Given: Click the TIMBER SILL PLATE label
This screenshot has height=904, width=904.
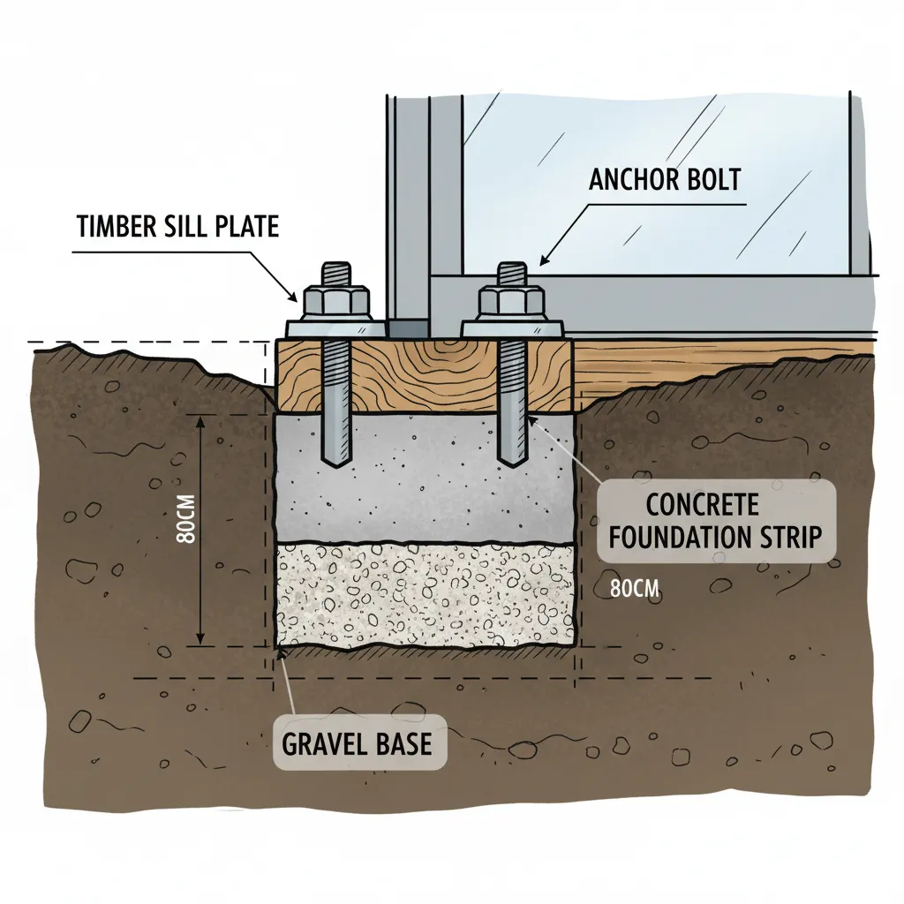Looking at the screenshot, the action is tap(178, 226).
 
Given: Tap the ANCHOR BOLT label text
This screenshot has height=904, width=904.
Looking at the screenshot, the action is tap(665, 180).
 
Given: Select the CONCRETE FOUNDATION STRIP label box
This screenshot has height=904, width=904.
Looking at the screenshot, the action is tap(715, 521).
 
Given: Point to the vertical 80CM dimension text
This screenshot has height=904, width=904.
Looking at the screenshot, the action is tap(187, 519).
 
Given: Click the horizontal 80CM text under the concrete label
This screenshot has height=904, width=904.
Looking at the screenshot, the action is tap(635, 589).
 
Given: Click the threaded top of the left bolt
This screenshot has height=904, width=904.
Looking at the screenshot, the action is tap(336, 274).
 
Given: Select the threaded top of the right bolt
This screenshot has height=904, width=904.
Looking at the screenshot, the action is tap(511, 274).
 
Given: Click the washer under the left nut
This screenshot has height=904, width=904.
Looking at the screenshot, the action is tap(336, 328).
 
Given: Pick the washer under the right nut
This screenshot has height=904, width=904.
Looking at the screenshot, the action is tap(513, 328).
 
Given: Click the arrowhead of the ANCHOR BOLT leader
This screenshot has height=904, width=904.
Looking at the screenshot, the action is tap(544, 260).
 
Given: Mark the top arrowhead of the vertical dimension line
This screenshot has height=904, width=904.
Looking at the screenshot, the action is tap(200, 423).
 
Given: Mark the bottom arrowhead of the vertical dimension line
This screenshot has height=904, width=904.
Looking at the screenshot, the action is tap(200, 637).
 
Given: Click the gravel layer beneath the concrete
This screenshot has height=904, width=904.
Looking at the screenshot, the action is tap(426, 596).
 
